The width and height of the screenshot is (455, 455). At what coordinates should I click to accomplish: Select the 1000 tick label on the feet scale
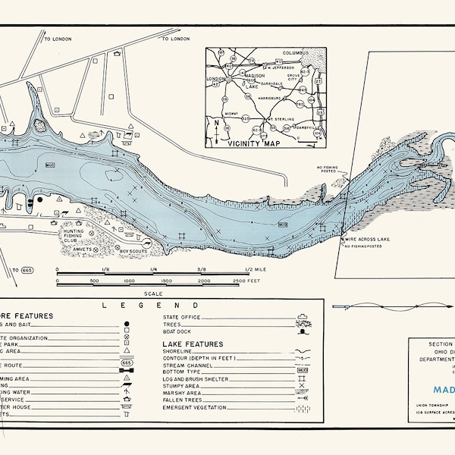[x=129, y=281]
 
